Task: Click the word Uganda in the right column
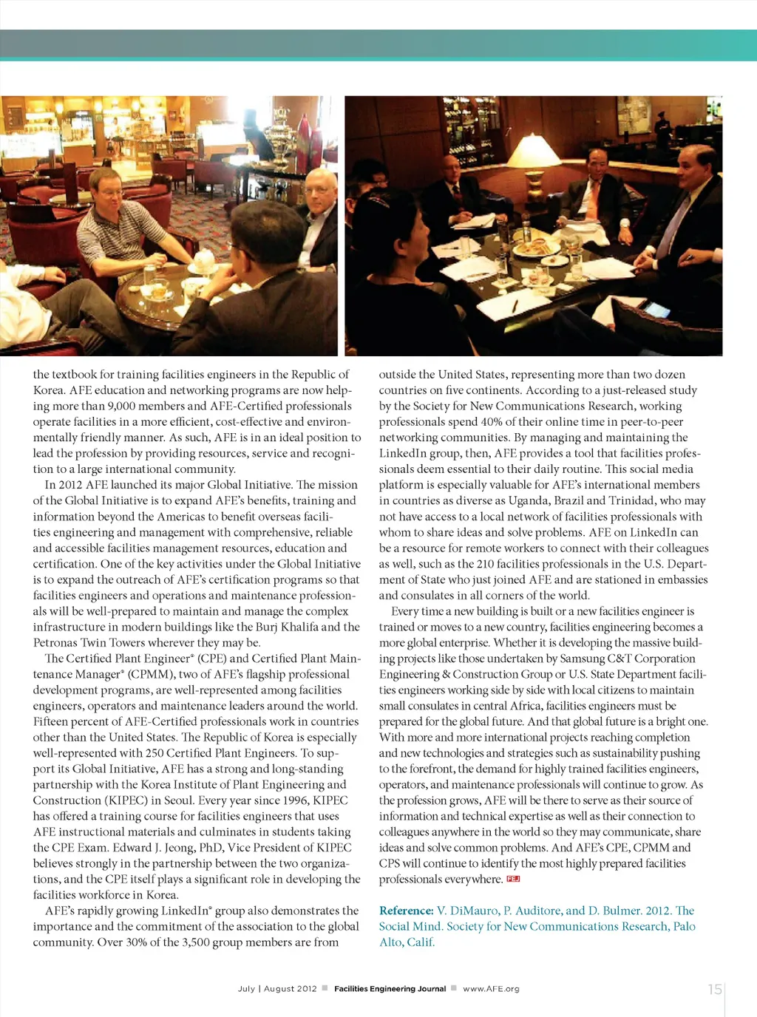(529, 500)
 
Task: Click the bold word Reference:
(406, 911)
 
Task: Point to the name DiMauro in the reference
(473, 911)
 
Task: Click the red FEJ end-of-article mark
(513, 879)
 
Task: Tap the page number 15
(714, 989)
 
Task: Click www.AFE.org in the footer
(491, 989)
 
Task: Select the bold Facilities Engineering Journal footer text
(390, 989)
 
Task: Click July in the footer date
(246, 989)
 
